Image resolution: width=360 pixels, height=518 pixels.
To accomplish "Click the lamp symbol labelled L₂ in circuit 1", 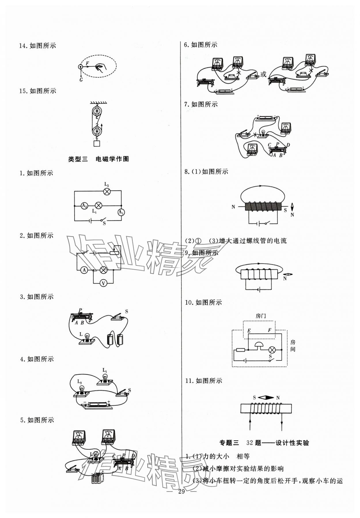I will pyautogui.click(x=107, y=191).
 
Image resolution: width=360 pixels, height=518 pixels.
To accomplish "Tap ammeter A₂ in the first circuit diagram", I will pyautogui.click(x=84, y=206).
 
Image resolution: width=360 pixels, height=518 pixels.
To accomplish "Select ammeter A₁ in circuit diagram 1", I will pyautogui.click(x=121, y=212).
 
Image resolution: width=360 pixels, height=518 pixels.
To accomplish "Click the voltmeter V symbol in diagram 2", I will pyautogui.click(x=103, y=284).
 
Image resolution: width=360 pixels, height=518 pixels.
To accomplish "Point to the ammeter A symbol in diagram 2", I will pyautogui.click(x=84, y=270).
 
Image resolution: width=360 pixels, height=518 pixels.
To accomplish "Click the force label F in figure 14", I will pyautogui.click(x=87, y=62).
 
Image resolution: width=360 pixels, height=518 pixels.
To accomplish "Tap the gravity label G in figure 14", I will pyautogui.click(x=81, y=80).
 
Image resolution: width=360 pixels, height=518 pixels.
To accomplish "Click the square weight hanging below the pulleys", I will pyautogui.click(x=97, y=143).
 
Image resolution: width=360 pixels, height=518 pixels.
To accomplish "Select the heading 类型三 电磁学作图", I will pyautogui.click(x=98, y=159).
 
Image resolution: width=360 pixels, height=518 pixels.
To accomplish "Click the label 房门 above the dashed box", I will pyautogui.click(x=261, y=316).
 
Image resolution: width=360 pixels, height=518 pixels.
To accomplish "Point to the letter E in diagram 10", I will pyautogui.click(x=249, y=331).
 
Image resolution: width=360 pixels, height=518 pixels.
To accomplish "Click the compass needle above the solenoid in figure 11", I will pyautogui.click(x=266, y=398).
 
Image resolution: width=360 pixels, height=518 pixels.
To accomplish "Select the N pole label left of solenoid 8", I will pyautogui.click(x=233, y=207).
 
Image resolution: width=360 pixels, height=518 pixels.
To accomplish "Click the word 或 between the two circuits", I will pyautogui.click(x=263, y=74).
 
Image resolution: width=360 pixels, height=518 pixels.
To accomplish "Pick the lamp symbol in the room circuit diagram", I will pyautogui.click(x=272, y=350).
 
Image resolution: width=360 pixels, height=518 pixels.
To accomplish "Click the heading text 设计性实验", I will pyautogui.click(x=292, y=443).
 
